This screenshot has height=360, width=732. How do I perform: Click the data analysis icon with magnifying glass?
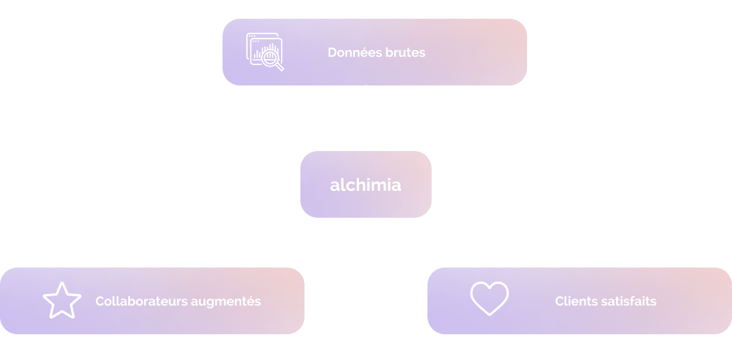[265, 52]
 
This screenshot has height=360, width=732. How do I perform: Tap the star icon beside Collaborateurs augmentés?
[62, 301]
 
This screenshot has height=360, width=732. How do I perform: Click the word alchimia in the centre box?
[365, 185]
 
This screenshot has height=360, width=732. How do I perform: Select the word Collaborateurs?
[136, 301]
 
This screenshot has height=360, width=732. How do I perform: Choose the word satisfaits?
[629, 301]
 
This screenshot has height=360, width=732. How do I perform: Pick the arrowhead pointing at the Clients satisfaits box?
[426, 278]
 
